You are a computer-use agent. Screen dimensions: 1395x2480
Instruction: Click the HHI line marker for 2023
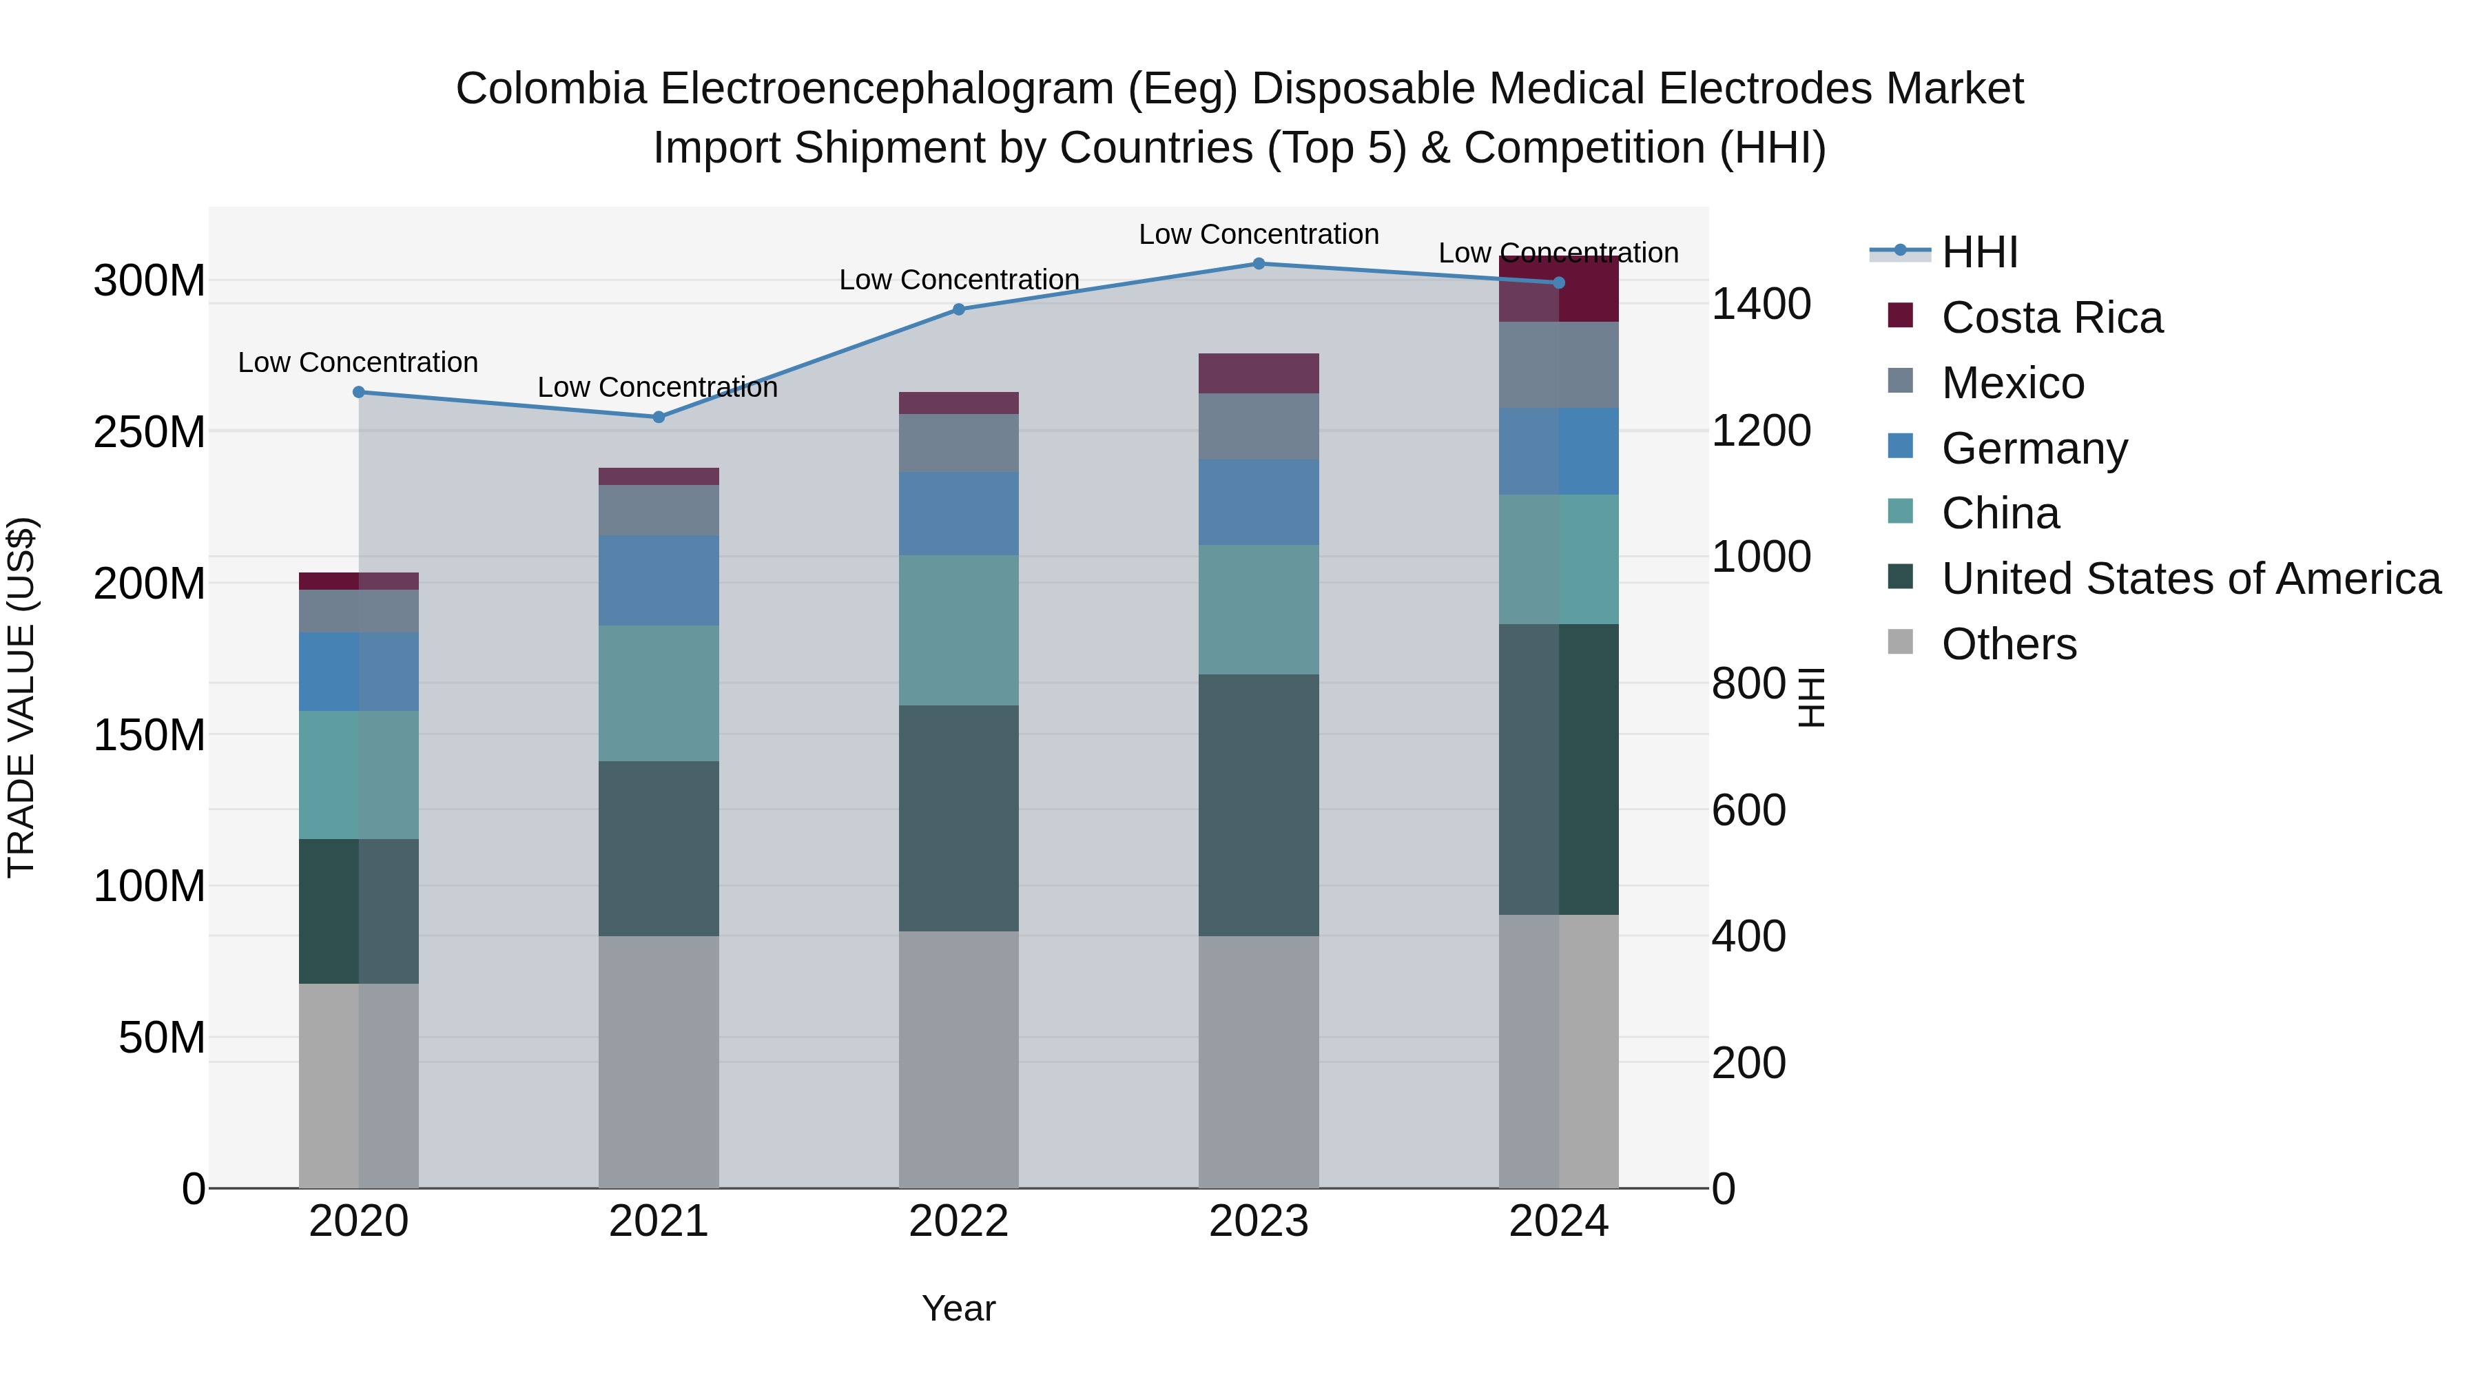click(1259, 264)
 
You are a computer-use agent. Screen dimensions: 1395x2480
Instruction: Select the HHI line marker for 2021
click(659, 417)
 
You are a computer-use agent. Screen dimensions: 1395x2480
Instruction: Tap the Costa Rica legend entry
click(2051, 318)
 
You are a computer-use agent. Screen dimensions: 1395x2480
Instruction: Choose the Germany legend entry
click(2034, 448)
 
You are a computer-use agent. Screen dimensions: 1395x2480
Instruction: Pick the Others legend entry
click(2008, 644)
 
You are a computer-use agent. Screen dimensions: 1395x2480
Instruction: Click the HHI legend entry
click(1978, 252)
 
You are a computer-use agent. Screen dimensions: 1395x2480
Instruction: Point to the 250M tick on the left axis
click(149, 432)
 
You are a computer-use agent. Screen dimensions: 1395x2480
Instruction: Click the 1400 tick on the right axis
click(1761, 304)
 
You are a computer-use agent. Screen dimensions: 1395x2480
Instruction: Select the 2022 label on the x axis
click(958, 1221)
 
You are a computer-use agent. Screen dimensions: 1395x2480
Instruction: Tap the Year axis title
click(958, 1308)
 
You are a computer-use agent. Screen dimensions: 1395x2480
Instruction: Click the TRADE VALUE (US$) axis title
click(21, 697)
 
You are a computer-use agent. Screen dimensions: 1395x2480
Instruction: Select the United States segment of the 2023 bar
click(1259, 805)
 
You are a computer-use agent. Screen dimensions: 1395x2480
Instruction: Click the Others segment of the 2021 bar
click(659, 1061)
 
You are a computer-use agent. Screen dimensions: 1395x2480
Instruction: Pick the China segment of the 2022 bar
click(958, 630)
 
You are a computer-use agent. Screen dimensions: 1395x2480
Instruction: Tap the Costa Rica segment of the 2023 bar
click(1259, 373)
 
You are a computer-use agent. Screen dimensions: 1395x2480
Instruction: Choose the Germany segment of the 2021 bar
click(659, 581)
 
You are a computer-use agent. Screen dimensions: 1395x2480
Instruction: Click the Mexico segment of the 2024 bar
click(1559, 365)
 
